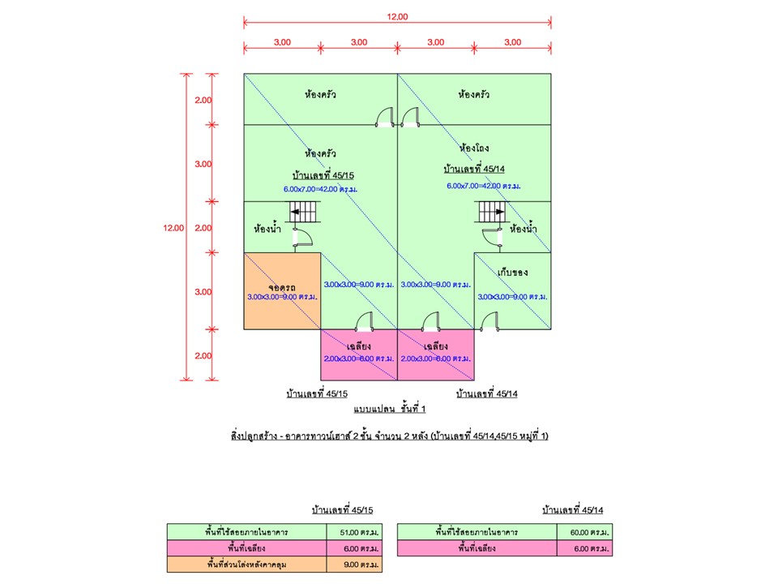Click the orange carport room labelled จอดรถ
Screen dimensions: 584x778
click(x=282, y=280)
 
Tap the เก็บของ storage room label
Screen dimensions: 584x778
click(x=513, y=273)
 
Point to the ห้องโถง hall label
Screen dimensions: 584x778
click(x=474, y=148)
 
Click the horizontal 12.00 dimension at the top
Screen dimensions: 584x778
click(x=398, y=15)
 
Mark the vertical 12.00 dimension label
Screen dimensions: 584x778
click(x=173, y=228)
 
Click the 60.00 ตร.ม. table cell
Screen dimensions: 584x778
click(x=586, y=533)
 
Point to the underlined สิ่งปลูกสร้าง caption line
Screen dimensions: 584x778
click(x=390, y=436)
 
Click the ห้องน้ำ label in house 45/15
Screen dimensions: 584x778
click(x=267, y=228)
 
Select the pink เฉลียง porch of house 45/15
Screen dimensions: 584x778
click(x=359, y=355)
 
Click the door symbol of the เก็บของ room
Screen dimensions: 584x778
click(x=489, y=322)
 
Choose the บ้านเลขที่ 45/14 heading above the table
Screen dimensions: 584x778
click(x=575, y=510)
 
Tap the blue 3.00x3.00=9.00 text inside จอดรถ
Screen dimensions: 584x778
click(x=282, y=298)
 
